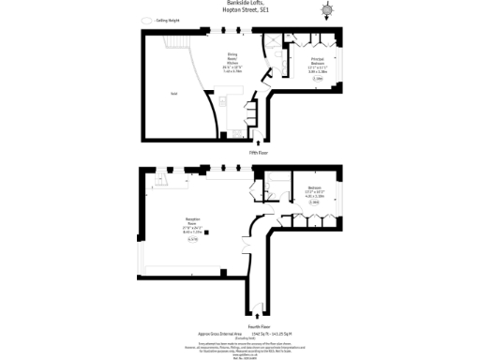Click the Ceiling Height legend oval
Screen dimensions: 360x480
coord(145,20)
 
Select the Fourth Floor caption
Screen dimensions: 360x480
coord(259,325)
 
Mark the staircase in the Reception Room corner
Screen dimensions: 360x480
coord(161,181)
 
